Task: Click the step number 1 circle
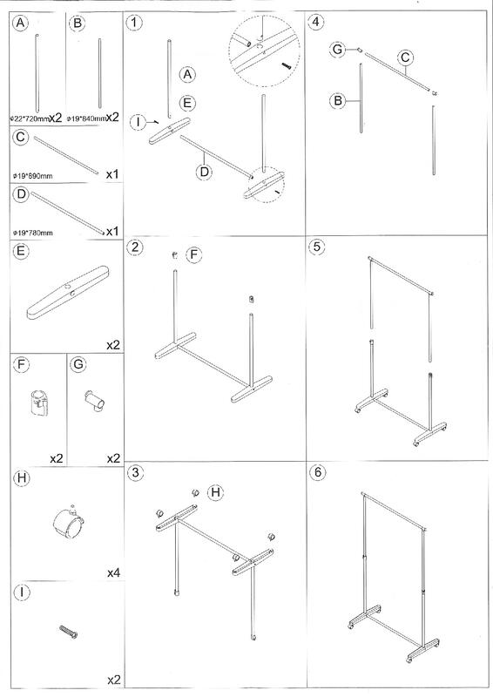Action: (x=134, y=23)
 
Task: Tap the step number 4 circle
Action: (x=316, y=22)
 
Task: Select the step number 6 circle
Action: (x=317, y=471)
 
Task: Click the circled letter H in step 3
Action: (x=216, y=492)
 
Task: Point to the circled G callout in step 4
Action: (x=338, y=50)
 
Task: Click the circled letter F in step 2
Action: (x=194, y=254)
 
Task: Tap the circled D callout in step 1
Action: (x=204, y=171)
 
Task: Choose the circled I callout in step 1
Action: (x=138, y=121)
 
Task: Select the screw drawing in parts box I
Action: (x=69, y=631)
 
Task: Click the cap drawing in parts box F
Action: (x=39, y=402)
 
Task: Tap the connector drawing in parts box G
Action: (x=94, y=401)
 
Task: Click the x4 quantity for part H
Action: (x=113, y=573)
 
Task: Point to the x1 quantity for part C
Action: (x=112, y=174)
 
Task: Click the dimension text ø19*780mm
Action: (x=33, y=233)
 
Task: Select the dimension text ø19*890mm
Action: (x=33, y=176)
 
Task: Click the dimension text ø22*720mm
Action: (x=30, y=119)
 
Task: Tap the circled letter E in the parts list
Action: (x=21, y=251)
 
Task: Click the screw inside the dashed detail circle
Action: (x=286, y=65)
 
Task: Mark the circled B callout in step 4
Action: (x=338, y=101)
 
